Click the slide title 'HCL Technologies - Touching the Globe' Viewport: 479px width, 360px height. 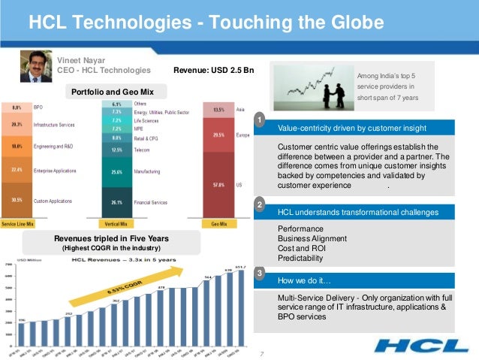[206, 23]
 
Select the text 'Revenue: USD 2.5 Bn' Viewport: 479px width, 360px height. [214, 71]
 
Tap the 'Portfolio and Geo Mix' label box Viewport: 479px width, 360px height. [112, 92]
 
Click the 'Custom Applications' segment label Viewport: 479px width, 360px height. [53, 200]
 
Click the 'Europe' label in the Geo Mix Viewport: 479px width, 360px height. [242, 135]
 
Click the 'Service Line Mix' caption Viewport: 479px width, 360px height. [17, 223]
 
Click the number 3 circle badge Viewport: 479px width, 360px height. [258, 274]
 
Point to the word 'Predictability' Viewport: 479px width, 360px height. [300, 258]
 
